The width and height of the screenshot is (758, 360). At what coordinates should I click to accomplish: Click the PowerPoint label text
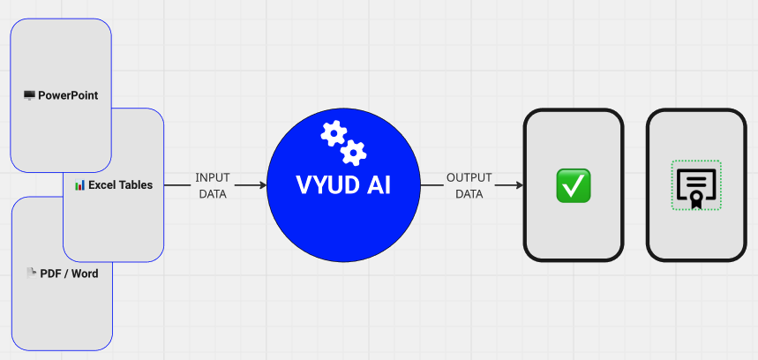click(x=68, y=95)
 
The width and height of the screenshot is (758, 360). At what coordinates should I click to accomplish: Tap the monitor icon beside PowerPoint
click(x=29, y=95)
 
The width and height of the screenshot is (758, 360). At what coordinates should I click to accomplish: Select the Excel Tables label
click(x=120, y=185)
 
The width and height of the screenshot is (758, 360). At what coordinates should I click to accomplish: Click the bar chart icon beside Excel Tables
click(x=79, y=185)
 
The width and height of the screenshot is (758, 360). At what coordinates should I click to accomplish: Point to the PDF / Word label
click(x=69, y=274)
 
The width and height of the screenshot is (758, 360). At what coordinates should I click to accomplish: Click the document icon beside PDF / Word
click(x=31, y=273)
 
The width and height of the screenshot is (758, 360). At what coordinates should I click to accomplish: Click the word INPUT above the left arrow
click(x=212, y=178)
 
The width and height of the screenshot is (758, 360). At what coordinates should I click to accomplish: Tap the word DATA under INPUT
click(x=212, y=194)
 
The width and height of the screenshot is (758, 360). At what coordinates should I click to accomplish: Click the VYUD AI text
click(x=343, y=187)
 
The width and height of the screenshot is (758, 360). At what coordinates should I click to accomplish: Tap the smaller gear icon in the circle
click(x=354, y=153)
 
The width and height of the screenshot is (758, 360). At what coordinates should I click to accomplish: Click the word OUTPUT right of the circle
click(x=469, y=178)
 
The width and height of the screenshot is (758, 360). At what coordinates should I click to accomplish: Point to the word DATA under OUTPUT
click(x=469, y=194)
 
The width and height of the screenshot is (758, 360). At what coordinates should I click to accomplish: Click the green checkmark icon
click(x=574, y=185)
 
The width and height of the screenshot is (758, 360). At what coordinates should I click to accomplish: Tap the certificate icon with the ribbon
click(x=696, y=185)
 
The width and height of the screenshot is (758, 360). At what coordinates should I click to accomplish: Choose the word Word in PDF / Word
click(x=85, y=274)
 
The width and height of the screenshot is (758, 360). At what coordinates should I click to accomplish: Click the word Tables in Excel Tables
click(x=137, y=185)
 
